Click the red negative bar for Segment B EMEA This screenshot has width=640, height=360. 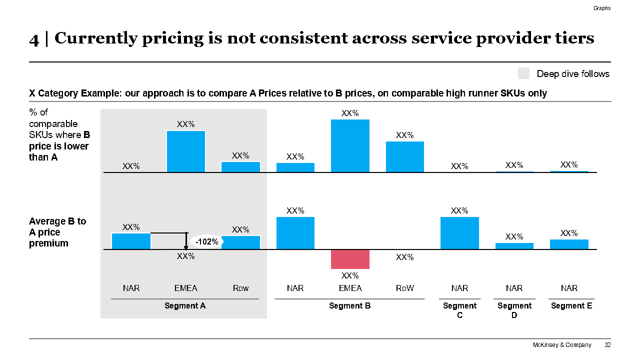click(x=350, y=259)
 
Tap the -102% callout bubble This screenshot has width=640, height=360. click(x=206, y=242)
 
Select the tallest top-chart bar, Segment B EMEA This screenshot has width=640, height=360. click(x=350, y=145)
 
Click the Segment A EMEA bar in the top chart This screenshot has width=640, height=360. click(x=186, y=151)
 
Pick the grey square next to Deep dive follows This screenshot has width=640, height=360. click(x=523, y=73)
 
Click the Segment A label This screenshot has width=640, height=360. click(x=185, y=306)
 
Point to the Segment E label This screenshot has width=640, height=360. click(x=571, y=306)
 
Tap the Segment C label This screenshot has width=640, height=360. click(x=460, y=310)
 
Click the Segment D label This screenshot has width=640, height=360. click(x=514, y=310)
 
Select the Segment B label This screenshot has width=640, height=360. click(x=349, y=306)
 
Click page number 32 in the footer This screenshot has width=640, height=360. click(x=607, y=345)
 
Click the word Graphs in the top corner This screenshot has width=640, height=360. click(x=602, y=8)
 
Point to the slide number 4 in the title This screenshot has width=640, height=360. click(x=34, y=39)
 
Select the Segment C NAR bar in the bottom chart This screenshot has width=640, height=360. click(x=459, y=233)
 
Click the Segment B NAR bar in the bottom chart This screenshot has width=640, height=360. click(x=295, y=233)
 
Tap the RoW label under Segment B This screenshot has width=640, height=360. click(x=404, y=288)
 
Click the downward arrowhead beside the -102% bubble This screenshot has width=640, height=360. click(x=186, y=246)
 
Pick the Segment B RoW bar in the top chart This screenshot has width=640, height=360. click(x=405, y=156)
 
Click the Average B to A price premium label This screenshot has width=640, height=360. click(x=57, y=232)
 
